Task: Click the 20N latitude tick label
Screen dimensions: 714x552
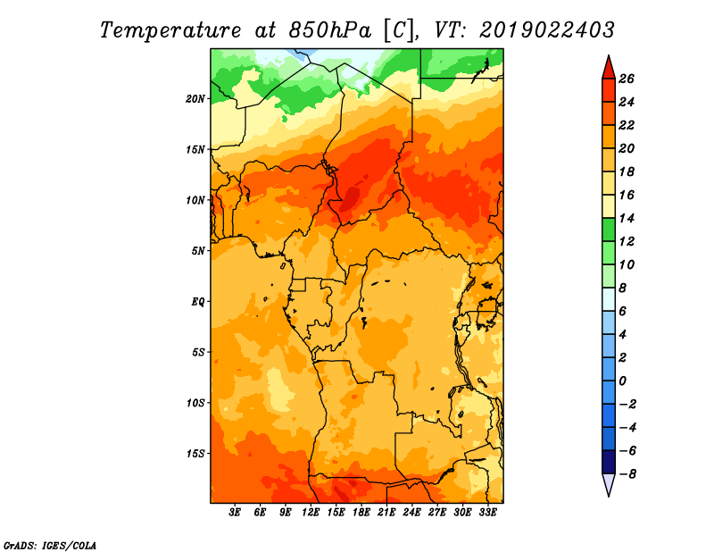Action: coord(195,99)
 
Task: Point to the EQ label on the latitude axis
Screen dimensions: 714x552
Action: coord(197,302)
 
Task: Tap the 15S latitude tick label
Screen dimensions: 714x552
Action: coord(195,454)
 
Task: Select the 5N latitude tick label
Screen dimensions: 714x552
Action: coord(198,251)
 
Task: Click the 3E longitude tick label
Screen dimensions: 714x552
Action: coord(235,513)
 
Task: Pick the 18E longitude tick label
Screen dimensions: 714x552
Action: coord(361,513)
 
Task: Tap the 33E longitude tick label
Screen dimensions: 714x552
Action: coord(487,513)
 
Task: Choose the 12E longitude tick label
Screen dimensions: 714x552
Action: coord(310,513)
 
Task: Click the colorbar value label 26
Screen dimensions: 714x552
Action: coord(627,79)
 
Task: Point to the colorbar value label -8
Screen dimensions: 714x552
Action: coord(627,474)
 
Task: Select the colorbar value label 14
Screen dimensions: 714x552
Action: coord(627,218)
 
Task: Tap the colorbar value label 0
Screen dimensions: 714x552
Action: coord(622,381)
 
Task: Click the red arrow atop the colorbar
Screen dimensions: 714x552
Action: coord(609,68)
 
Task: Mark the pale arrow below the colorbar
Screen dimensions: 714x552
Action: coord(609,485)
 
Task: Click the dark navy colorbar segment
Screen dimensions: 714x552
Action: coord(609,462)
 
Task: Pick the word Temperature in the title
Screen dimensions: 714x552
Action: coord(170,31)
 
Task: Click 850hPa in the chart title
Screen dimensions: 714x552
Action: coord(330,30)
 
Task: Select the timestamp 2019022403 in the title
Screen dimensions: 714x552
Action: coord(547,30)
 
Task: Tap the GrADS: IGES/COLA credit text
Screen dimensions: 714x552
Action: coord(50,546)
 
